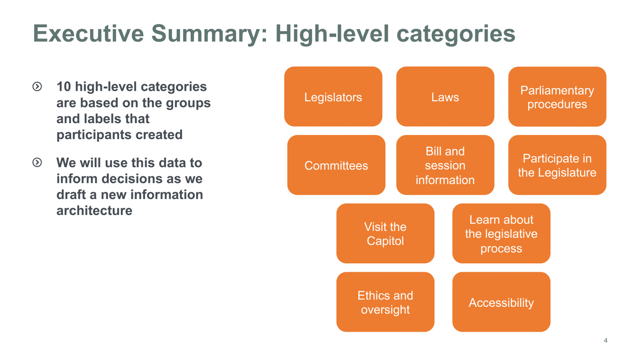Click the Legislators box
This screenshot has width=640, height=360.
pos(333,97)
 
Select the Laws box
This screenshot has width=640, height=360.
pos(445,97)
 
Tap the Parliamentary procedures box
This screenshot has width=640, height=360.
pos(557,97)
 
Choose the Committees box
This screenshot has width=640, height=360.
pos(336,165)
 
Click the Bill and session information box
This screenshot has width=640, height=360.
pos(445,165)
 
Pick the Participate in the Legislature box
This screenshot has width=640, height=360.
pos(557,165)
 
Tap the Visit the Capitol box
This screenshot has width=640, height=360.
pos(385,234)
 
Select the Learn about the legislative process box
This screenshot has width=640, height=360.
pos(501,234)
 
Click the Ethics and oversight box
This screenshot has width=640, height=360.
pos(385,302)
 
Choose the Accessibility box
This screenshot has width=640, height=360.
pos(501,302)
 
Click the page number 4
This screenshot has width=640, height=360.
pos(605,340)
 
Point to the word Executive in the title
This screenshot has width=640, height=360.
pos(88,33)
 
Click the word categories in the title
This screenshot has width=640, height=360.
pos(456,34)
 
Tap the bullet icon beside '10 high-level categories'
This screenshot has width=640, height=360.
pos(37,86)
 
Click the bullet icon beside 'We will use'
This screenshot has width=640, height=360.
pos(37,163)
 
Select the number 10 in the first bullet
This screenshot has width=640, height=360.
pos(63,87)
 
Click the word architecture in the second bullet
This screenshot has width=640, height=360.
pos(94,211)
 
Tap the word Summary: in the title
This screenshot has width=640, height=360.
pos(209,34)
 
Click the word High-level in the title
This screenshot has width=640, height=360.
pos(332,33)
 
